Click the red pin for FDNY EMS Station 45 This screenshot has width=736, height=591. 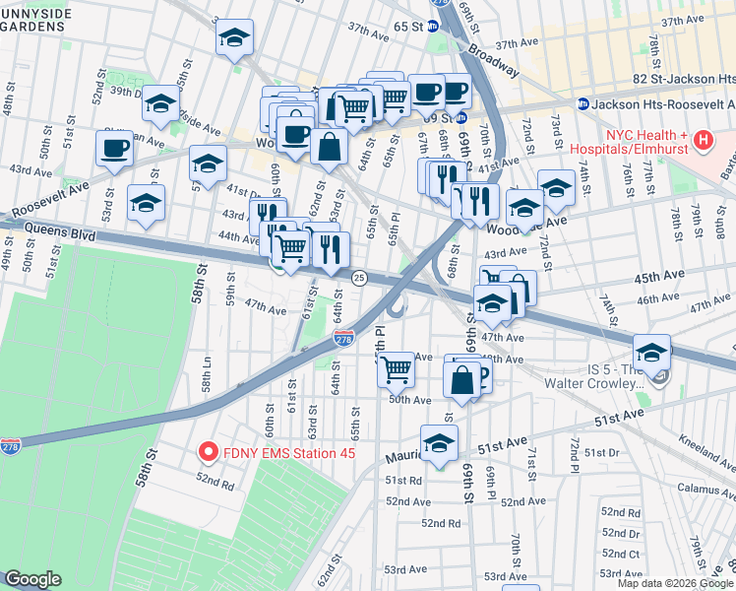208,452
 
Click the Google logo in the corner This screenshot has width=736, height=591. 32,579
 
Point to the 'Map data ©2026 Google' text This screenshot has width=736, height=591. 675,583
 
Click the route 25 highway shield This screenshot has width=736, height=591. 360,280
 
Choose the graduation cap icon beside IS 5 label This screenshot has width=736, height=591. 650,352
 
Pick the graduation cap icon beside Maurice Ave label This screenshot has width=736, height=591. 439,442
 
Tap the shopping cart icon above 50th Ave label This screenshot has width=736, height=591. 396,369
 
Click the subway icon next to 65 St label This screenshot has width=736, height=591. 433,27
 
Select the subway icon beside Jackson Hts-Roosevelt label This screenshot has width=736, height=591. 583,102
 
